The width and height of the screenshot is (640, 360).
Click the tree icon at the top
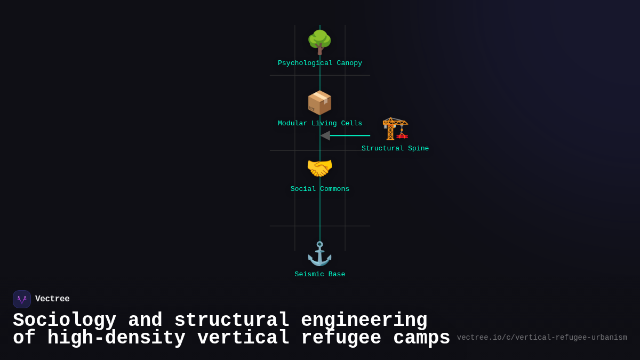[x=319, y=42]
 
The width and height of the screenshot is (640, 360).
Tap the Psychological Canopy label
[x=320, y=63]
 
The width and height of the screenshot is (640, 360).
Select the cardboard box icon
[x=319, y=102]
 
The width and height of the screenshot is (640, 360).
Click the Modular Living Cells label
[x=320, y=124]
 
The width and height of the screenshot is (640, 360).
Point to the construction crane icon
[x=395, y=129]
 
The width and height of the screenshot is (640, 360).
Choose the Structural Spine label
[x=395, y=149]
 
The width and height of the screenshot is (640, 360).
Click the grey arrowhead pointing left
[x=325, y=135]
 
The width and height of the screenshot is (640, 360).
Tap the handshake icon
[x=319, y=169]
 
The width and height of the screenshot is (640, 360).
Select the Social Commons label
[x=320, y=189]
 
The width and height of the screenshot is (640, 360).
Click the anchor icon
[x=319, y=254]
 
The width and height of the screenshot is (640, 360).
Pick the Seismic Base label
[x=320, y=275]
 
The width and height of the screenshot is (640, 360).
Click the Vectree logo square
[x=22, y=299]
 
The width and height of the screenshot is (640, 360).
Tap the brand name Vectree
[x=52, y=299]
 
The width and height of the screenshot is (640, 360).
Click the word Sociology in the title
[x=65, y=321]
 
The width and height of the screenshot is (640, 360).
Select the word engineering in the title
[x=364, y=321]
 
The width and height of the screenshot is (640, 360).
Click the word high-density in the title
[x=116, y=338]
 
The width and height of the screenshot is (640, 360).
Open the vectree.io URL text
[x=542, y=338]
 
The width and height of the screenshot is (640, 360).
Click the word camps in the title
[x=422, y=338]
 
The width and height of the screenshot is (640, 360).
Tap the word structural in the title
[x=232, y=321]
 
